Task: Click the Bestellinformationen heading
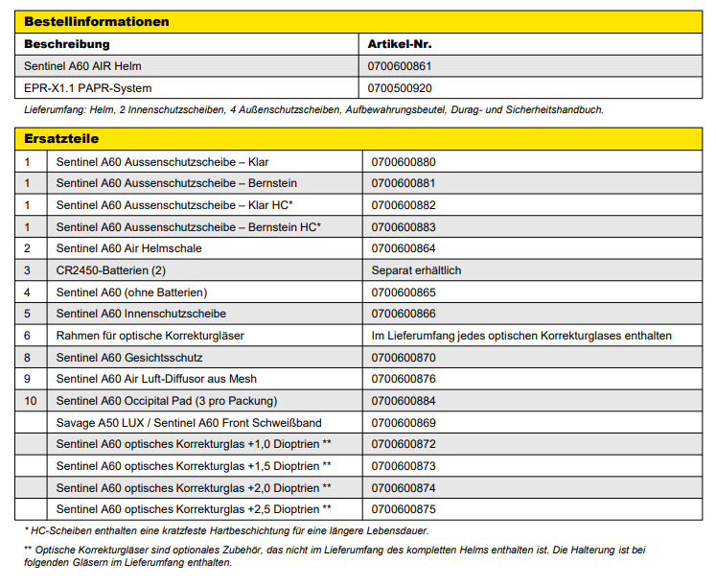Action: [97, 21]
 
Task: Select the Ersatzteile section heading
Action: [61, 139]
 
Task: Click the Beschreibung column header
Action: [67, 44]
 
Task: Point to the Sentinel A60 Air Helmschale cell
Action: [128, 248]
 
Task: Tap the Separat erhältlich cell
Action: [416, 270]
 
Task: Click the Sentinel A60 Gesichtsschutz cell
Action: [129, 357]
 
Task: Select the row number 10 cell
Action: [30, 400]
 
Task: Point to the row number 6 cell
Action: [28, 336]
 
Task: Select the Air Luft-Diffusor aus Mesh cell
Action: [156, 379]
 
